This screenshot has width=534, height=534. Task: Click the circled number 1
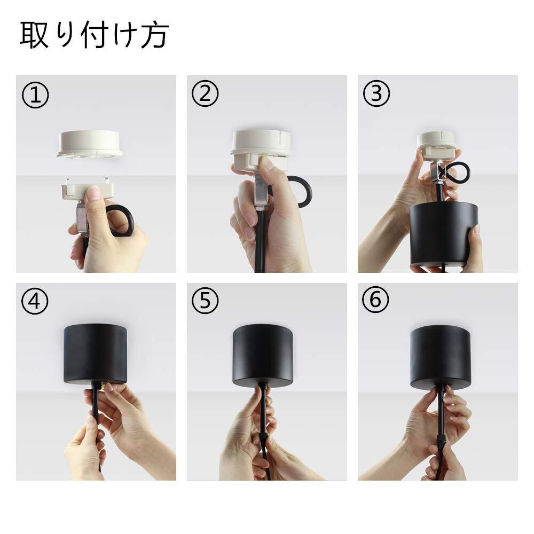(x=35, y=95)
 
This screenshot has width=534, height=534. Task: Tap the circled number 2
(x=205, y=93)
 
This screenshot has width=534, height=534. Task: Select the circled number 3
(x=376, y=93)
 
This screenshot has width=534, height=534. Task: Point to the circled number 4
(x=35, y=301)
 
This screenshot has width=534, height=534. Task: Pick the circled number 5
(x=205, y=300)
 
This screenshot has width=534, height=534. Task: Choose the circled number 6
(x=375, y=300)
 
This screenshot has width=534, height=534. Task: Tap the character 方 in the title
(x=155, y=35)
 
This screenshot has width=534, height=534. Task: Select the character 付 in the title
(x=95, y=35)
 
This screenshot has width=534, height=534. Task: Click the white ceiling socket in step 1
(x=90, y=144)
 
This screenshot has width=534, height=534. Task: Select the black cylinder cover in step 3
(x=443, y=234)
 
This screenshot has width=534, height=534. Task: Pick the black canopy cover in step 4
(x=96, y=354)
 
